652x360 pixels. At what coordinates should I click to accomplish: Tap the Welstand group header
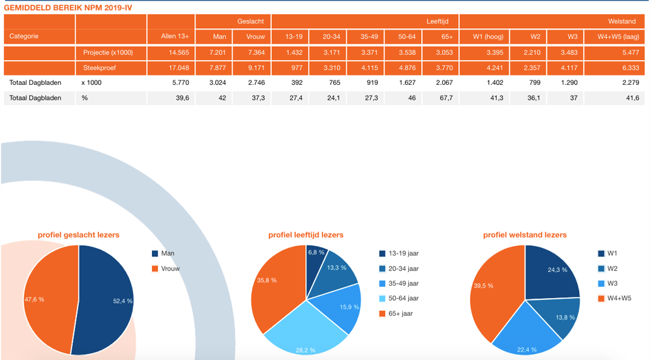pos(621,22)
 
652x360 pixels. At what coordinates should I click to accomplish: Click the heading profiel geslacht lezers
pos(78,235)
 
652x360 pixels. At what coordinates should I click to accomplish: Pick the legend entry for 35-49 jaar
pos(403,284)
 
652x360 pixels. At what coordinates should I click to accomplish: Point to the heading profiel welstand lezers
pos(525,235)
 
